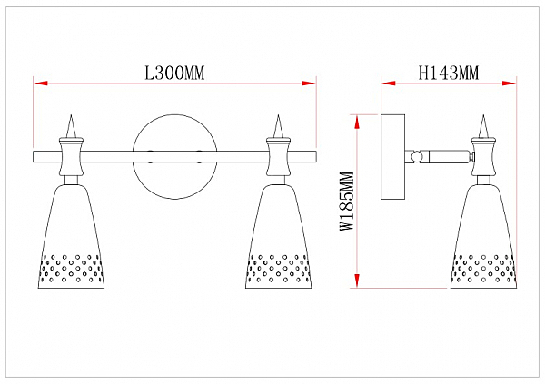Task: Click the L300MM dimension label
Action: [174, 74]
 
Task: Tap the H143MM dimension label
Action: [449, 74]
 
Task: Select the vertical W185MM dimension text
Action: [347, 201]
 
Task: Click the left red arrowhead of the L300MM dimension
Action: [40, 84]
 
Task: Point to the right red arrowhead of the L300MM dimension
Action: [309, 84]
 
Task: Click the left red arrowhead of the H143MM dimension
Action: [389, 84]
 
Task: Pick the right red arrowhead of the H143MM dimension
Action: [510, 84]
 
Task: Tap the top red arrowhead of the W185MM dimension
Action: [357, 122]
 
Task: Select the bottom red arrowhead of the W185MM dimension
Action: [357, 281]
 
